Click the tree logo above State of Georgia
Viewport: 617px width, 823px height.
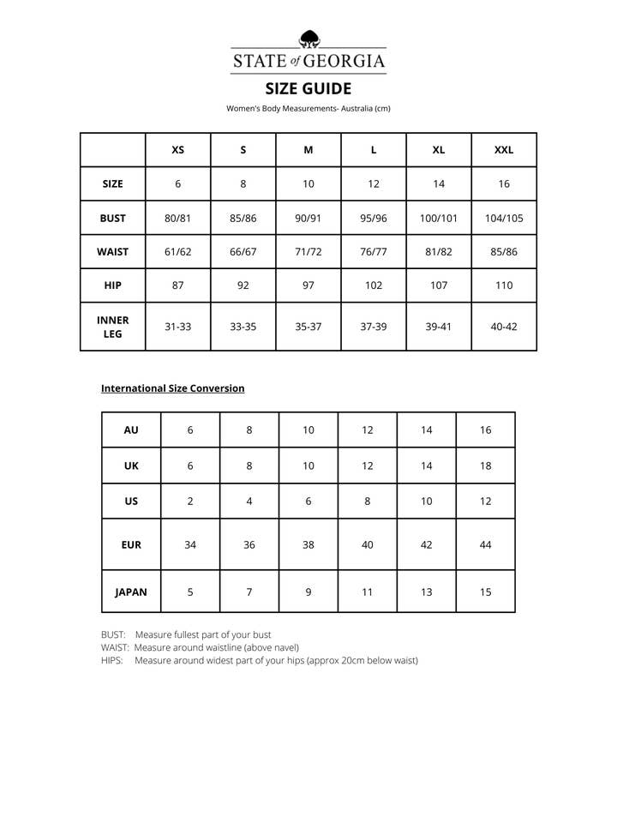308,39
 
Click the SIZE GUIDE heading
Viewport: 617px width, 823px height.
308,88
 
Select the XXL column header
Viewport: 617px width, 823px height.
504,150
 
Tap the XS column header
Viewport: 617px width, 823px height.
178,150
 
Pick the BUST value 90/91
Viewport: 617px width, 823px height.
308,219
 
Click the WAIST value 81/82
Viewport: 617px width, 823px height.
439,252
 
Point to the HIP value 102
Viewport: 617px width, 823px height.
374,285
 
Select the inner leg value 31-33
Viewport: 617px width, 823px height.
178,327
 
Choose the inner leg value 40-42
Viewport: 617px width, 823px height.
504,327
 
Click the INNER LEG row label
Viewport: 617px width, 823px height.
113,327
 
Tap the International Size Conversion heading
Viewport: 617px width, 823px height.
173,388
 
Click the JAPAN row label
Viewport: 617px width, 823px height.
131,592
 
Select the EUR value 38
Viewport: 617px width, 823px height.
308,544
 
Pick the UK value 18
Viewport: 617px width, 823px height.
486,466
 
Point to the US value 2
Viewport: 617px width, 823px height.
190,502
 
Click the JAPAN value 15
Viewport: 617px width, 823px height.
486,592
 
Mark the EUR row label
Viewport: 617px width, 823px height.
131,544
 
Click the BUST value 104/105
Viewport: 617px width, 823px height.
504,219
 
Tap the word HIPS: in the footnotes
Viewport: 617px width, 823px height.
112,661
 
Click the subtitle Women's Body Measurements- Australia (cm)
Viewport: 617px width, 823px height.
308,108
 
